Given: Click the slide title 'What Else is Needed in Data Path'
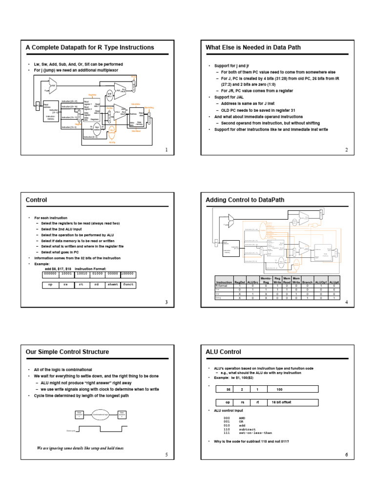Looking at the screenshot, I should tap(253, 47).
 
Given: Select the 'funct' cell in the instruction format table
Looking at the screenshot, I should tap(128, 284).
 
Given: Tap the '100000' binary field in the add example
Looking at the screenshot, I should tap(128, 274).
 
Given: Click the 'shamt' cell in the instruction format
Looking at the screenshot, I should tap(111, 284).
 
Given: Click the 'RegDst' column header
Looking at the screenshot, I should tap(240, 282).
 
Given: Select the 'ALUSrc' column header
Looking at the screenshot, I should tap(253, 282).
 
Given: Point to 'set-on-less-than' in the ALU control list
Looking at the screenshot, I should tap(255, 433).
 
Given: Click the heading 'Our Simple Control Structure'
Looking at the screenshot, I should tap(67, 352).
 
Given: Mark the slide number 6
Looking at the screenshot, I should tap(346, 455).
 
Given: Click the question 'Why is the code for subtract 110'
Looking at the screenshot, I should tap(251, 441).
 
